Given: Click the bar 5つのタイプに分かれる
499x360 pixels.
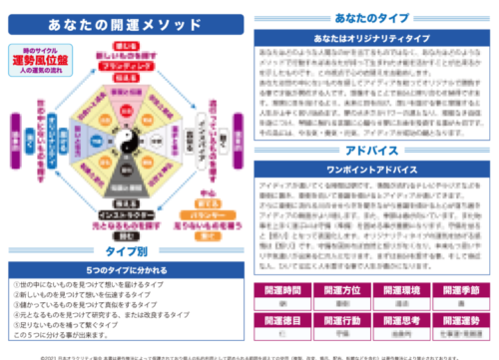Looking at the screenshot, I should click(125, 270).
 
